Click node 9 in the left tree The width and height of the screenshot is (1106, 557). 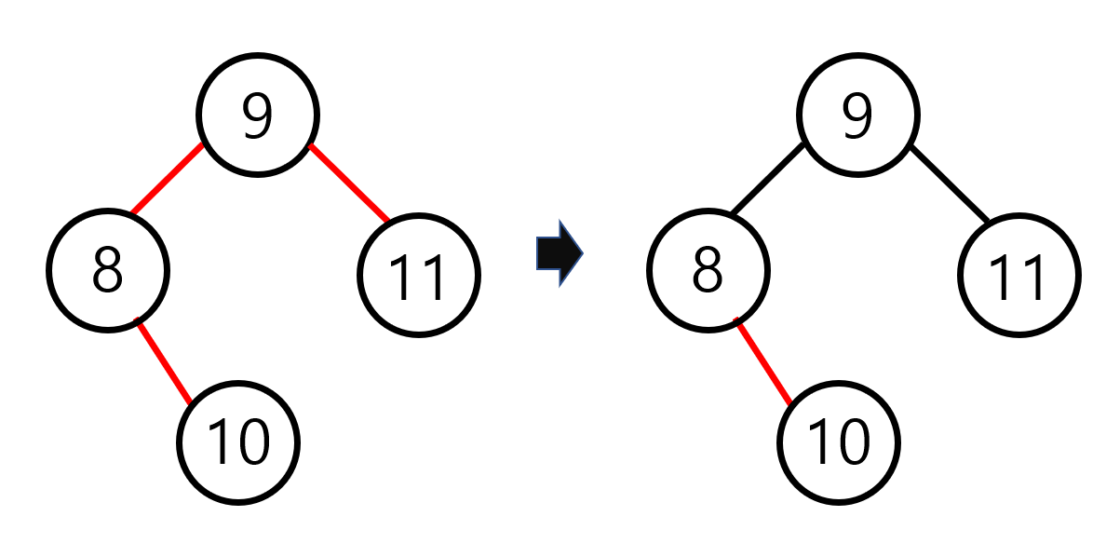pyautogui.click(x=258, y=115)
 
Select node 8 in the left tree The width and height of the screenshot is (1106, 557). pyautogui.click(x=108, y=270)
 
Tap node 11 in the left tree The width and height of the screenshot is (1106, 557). pyautogui.click(x=419, y=276)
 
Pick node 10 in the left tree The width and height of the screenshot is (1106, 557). pyautogui.click(x=239, y=442)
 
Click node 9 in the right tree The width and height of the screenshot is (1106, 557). pyautogui.click(x=857, y=115)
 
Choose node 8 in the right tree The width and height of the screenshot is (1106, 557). pyautogui.click(x=708, y=270)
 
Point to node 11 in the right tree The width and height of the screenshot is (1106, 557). pyautogui.click(x=1019, y=276)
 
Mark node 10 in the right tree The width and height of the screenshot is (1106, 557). pyautogui.click(x=839, y=442)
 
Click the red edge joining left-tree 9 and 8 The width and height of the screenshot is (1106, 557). pyautogui.click(x=167, y=180)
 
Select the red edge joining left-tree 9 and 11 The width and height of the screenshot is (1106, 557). pyautogui.click(x=349, y=183)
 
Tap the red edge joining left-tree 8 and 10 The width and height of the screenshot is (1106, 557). pyautogui.click(x=164, y=360)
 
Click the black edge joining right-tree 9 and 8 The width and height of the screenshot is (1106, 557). pyautogui.click(x=767, y=180)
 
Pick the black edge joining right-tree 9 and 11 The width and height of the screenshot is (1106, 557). pyautogui.click(x=949, y=183)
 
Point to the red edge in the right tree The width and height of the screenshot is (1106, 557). pyautogui.click(x=763, y=360)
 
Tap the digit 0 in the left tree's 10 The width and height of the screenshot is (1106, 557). pyautogui.click(x=251, y=442)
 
